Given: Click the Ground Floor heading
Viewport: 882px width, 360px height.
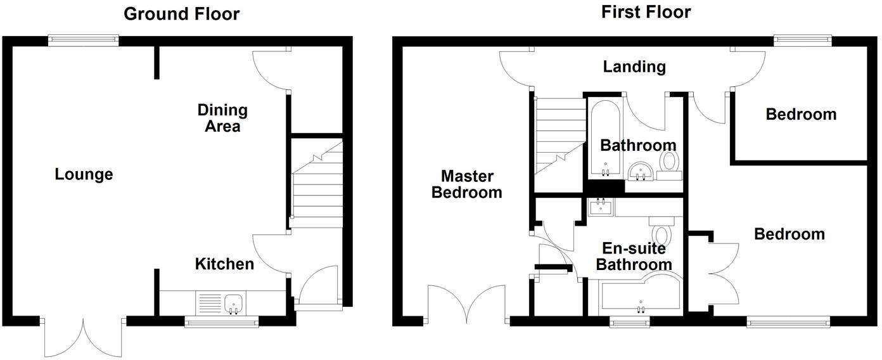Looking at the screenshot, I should click(x=181, y=13).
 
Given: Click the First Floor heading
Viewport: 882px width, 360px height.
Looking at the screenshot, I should click(x=646, y=11).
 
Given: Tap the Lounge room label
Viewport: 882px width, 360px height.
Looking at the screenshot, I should click(x=84, y=174).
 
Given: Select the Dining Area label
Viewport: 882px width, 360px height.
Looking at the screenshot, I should click(x=222, y=118).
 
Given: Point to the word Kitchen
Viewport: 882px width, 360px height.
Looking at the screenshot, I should click(x=224, y=264).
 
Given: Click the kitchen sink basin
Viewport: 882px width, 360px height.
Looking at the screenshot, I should click(x=234, y=303).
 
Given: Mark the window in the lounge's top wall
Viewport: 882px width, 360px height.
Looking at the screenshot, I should click(x=84, y=40).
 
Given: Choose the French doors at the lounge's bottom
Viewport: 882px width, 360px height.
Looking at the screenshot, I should click(x=82, y=336).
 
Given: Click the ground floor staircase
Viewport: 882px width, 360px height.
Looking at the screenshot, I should click(x=316, y=190).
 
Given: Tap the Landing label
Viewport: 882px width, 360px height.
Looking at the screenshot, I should click(x=634, y=66).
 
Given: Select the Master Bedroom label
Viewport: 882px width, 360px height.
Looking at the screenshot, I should click(x=466, y=184).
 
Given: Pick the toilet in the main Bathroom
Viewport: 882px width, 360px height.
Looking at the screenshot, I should click(x=668, y=162).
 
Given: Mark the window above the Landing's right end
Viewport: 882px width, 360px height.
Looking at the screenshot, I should click(x=803, y=41).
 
